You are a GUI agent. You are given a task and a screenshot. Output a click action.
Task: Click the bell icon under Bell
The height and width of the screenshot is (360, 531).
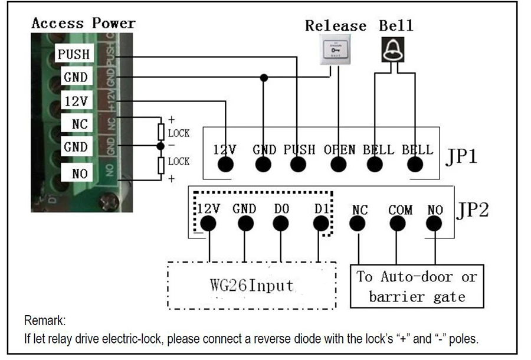click(393, 50)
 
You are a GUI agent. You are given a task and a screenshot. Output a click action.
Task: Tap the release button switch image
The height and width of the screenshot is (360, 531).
click(335, 50)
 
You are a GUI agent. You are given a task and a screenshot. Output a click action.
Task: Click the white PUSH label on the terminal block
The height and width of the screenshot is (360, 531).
click(74, 54)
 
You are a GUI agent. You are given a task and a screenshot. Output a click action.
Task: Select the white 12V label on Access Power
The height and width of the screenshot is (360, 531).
click(77, 100)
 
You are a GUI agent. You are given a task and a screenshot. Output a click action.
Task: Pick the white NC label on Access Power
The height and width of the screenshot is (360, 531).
click(77, 123)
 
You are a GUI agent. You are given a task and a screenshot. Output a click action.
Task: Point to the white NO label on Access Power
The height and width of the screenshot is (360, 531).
click(77, 173)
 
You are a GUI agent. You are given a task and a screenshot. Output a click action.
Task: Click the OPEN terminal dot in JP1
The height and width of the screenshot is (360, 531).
click(338, 165)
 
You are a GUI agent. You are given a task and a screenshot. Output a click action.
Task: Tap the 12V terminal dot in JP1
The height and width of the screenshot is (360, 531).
click(225, 165)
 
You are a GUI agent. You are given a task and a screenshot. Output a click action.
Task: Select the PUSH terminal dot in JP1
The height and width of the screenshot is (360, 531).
click(298, 165)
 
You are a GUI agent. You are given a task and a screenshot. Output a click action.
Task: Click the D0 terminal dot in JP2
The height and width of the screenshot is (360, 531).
click(281, 224)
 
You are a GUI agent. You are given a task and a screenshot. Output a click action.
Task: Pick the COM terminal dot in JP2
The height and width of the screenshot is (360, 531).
click(397, 224)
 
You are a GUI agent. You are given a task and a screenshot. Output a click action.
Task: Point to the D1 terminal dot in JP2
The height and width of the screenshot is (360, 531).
click(321, 224)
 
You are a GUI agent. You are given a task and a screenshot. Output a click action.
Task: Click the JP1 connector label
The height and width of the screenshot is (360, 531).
click(461, 156)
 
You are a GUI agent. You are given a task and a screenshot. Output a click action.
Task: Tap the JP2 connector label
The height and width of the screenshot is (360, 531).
click(473, 210)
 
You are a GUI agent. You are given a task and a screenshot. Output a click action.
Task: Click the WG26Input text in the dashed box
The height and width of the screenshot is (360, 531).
click(251, 285)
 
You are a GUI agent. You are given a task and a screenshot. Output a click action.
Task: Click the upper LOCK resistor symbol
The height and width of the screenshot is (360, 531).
click(161, 132)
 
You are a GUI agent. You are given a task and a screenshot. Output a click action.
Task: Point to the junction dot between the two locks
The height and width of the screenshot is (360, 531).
click(160, 146)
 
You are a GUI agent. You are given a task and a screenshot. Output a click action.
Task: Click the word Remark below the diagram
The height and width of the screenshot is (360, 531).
click(45, 320)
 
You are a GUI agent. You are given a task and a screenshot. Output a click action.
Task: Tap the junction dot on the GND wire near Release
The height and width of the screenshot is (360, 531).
click(264, 78)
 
